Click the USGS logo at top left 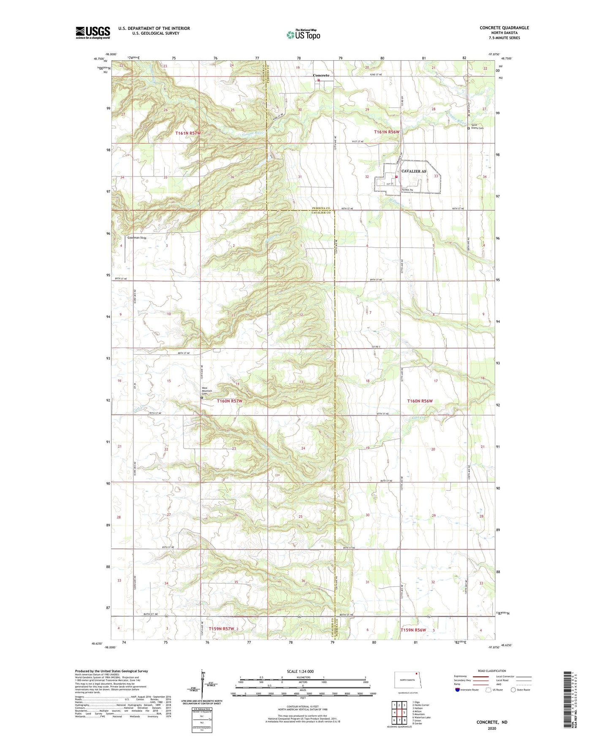[x=92, y=33]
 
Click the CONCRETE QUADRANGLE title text [x=504, y=28]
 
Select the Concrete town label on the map [x=321, y=76]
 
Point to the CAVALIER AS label [x=413, y=171]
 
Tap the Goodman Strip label [x=137, y=238]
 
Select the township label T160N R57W [x=229, y=401]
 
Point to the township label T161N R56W [x=387, y=132]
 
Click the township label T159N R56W [x=413, y=630]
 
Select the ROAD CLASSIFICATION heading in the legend [x=492, y=671]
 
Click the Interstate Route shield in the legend [x=457, y=690]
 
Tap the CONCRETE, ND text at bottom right [x=492, y=722]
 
